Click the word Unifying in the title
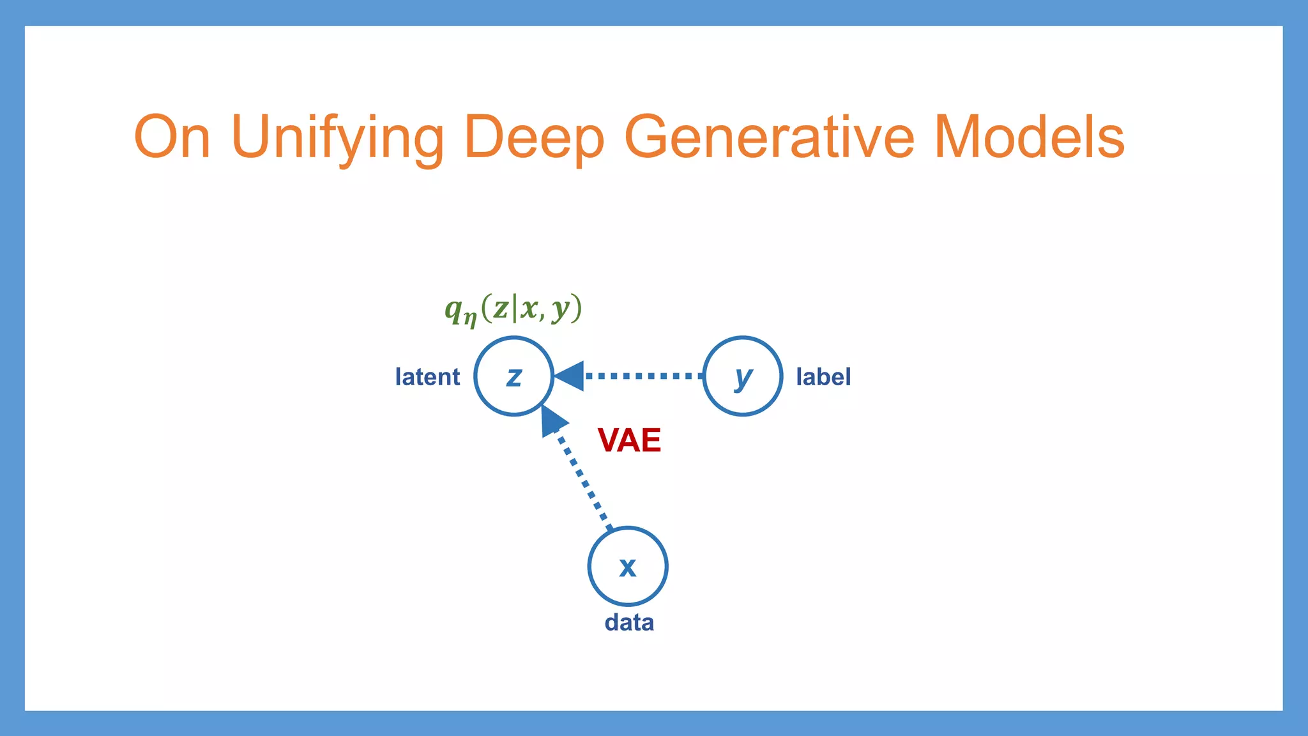337,137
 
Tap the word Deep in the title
534,137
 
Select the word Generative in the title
769,137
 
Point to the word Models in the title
1028,137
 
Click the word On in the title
172,137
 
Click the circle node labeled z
514,376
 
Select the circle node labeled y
743,376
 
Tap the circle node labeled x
628,566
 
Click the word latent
427,377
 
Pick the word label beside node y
823,377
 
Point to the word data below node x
629,622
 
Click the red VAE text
629,440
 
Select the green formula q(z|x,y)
513,309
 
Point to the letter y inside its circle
743,377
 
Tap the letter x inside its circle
628,567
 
